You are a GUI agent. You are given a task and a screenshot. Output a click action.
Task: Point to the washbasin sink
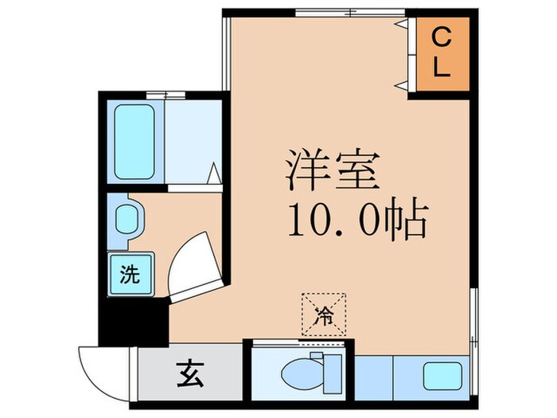coord(127,219)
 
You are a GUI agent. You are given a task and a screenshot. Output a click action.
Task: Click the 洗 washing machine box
coord(129,275)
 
